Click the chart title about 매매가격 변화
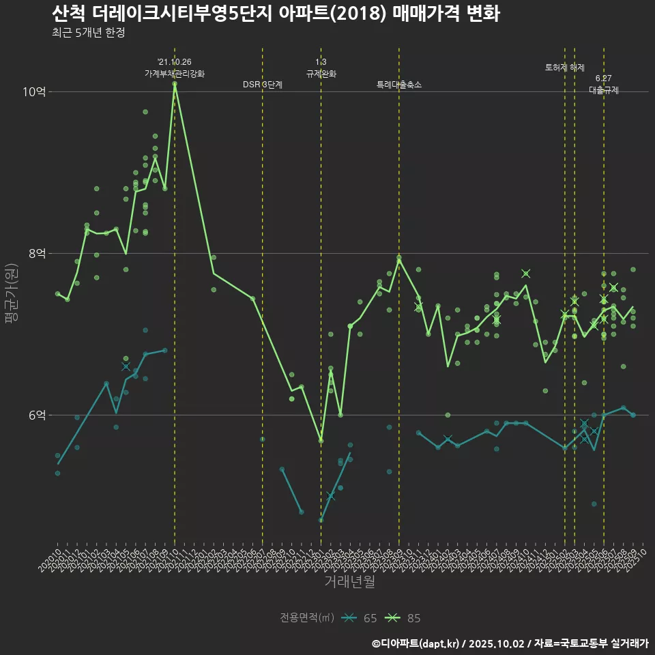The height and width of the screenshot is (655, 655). pyautogui.click(x=276, y=14)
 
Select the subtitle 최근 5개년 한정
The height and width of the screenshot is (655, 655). pyautogui.click(x=88, y=33)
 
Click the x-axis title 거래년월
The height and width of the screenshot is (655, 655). pyautogui.click(x=349, y=582)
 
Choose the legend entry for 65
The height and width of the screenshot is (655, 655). pyautogui.click(x=362, y=618)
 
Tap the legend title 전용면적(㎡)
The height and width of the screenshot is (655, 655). pyautogui.click(x=306, y=618)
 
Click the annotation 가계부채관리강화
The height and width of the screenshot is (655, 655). pyautogui.click(x=175, y=74)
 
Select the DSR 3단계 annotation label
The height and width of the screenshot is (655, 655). pyautogui.click(x=263, y=85)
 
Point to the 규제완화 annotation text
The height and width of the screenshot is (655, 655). pyautogui.click(x=321, y=74)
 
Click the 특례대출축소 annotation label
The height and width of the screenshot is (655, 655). pyautogui.click(x=399, y=85)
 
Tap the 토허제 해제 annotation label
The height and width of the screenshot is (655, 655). pyautogui.click(x=565, y=68)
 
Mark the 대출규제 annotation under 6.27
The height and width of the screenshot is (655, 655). pyautogui.click(x=604, y=90)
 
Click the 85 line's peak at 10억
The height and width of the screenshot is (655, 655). pyautogui.click(x=175, y=83)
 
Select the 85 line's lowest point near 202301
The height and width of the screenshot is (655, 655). pyautogui.click(x=321, y=441)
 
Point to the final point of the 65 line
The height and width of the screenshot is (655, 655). pyautogui.click(x=633, y=415)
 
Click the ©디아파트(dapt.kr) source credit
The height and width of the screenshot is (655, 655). pyautogui.click(x=417, y=643)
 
